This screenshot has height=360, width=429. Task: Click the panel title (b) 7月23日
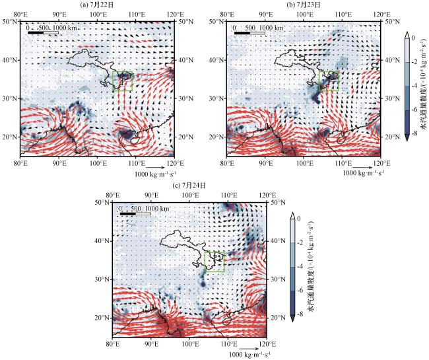pos(304,5)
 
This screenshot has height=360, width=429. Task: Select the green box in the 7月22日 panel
pos(123,81)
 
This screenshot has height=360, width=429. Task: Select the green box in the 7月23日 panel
pos(329,81)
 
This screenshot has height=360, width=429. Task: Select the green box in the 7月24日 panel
pos(215,261)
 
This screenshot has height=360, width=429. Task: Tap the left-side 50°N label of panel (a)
pos(11,22)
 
